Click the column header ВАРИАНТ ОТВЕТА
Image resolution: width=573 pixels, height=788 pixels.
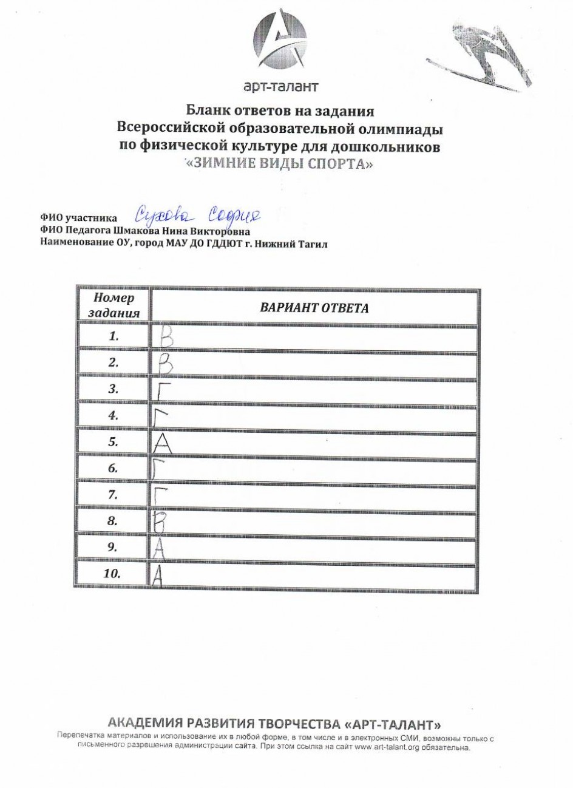[x=314, y=307]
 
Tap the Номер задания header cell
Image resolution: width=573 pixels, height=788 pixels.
[x=114, y=305]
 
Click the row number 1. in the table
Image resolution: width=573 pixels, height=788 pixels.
[x=114, y=336]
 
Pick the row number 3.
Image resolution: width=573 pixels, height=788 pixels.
[x=114, y=389]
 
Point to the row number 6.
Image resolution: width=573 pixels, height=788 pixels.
[x=113, y=469]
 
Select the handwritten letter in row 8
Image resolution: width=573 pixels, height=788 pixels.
[x=160, y=521]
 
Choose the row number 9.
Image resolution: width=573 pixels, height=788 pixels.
[x=113, y=547]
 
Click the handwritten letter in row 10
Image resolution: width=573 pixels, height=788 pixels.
[x=157, y=574]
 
